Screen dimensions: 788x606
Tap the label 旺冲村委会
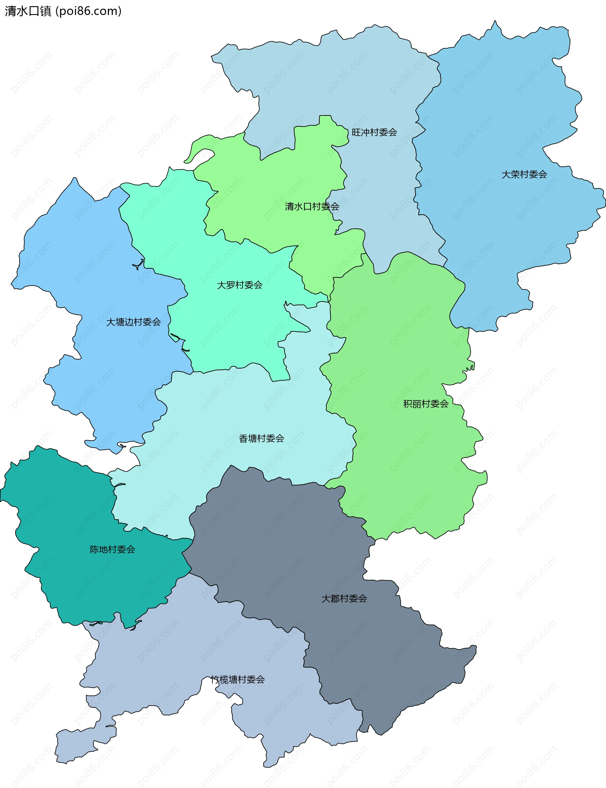pos(374,132)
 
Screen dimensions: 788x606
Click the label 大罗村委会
pos(240,285)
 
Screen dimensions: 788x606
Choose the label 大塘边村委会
pos(133,322)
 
